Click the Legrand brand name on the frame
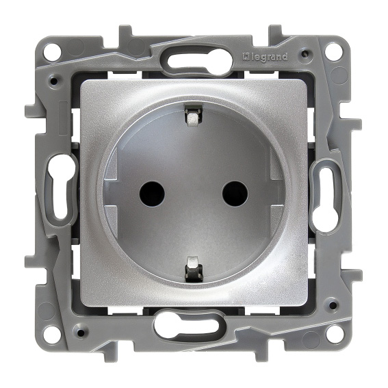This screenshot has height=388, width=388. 265,57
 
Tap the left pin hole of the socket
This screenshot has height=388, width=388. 152,194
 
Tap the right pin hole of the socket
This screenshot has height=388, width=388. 235,194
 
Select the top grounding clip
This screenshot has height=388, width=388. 193,116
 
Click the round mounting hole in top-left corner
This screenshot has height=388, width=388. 52,53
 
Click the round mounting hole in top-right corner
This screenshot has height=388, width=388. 335,53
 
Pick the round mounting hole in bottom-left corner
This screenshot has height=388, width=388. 51,335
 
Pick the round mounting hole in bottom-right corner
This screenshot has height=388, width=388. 335,335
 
